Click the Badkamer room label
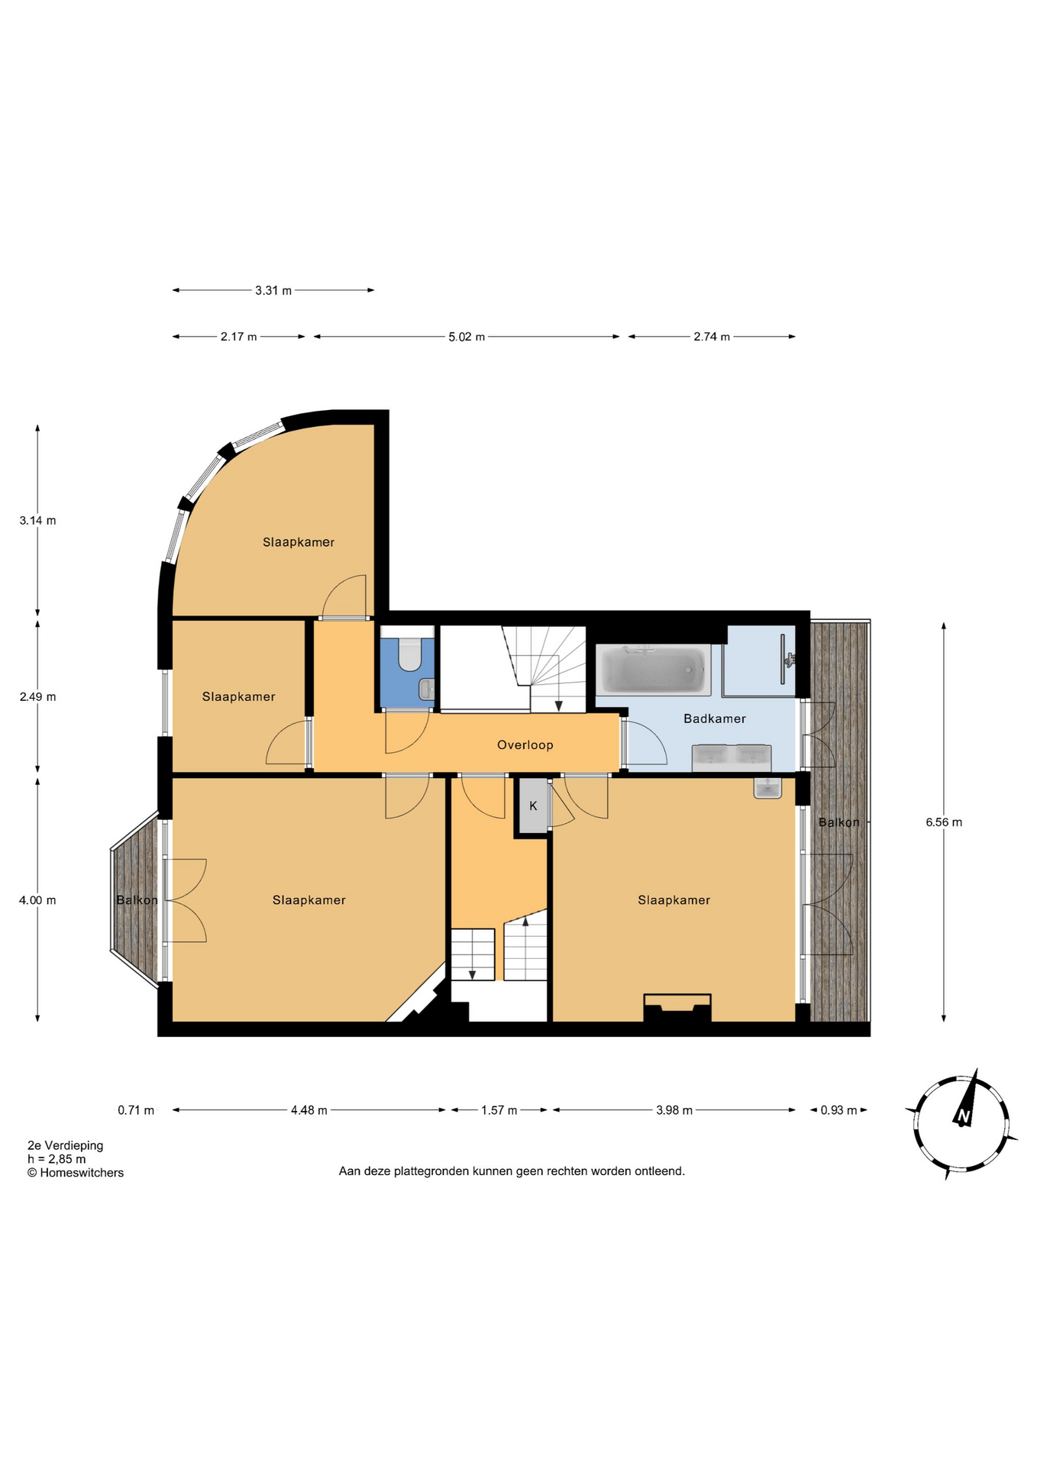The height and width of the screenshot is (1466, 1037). (714, 718)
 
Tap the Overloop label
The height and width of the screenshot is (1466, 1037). (525, 745)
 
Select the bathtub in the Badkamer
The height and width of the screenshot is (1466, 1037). (653, 670)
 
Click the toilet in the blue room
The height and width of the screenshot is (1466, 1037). (410, 654)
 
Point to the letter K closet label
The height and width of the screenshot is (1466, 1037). (533, 806)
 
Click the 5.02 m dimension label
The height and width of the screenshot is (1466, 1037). (467, 337)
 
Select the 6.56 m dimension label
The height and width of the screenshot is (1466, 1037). (944, 822)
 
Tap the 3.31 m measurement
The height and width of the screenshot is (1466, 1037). (273, 291)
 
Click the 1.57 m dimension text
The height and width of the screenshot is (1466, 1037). (499, 1110)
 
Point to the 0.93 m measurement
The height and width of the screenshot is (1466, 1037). (839, 1110)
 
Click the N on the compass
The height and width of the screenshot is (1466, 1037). (963, 1118)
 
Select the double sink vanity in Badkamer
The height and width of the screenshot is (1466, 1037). (732, 757)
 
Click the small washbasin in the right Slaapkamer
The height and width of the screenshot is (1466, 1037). (767, 788)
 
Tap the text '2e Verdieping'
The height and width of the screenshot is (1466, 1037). (66, 1145)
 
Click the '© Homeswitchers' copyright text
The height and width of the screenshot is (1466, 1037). (76, 1173)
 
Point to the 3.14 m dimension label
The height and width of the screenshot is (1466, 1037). (37, 521)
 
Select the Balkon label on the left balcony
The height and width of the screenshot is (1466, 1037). (137, 900)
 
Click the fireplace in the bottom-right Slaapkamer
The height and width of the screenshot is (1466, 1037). (677, 1007)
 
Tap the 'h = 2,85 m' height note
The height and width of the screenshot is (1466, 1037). (57, 1159)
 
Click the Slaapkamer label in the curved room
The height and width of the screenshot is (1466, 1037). (299, 542)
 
